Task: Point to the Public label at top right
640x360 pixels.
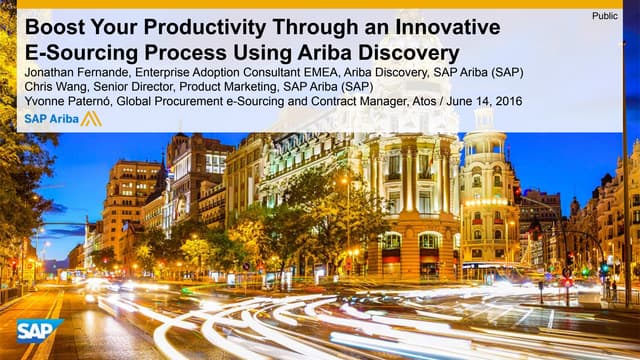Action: (604, 15)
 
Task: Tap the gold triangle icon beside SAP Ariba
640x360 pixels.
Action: (91, 118)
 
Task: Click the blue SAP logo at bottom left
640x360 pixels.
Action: (39, 331)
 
